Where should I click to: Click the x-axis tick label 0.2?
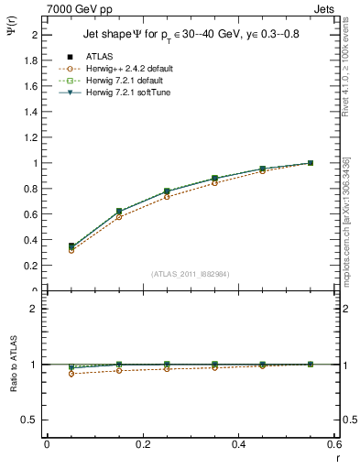tap(143, 443)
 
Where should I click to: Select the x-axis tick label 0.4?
tap(239, 443)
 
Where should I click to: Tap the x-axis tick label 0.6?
tap(335, 443)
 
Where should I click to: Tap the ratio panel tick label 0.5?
tap(31, 420)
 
